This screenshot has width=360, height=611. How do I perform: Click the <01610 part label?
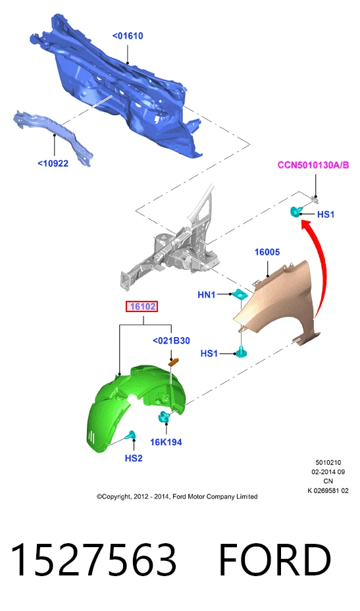[128, 36]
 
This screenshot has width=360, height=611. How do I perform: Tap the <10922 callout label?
[53, 163]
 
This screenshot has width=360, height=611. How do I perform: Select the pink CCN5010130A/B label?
[313, 165]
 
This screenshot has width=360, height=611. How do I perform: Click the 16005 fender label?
[267, 252]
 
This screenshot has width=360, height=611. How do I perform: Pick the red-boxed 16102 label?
[143, 307]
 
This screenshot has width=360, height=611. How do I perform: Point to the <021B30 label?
[171, 340]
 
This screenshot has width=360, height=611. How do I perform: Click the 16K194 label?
[166, 442]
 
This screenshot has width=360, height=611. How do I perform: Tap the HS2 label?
[134, 458]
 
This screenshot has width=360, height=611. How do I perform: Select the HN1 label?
[207, 294]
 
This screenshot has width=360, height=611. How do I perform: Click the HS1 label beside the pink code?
[326, 215]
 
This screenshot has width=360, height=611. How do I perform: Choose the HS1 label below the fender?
[209, 354]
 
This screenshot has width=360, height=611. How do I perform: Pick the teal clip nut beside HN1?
[240, 294]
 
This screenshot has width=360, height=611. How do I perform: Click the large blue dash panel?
[117, 86]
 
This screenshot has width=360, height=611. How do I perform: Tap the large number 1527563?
[93, 560]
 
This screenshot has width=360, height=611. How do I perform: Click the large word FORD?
[275, 560]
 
